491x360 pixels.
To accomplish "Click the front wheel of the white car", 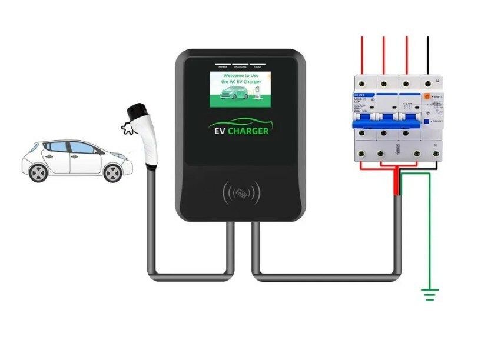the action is (x=112, y=172).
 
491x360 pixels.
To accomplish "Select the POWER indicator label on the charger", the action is (x=223, y=67).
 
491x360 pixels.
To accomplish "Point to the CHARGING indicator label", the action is (x=240, y=67).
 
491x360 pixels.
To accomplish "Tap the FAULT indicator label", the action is (x=257, y=67).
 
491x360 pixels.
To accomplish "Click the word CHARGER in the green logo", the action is (x=248, y=131).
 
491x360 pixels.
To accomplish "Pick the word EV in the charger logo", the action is (x=218, y=131).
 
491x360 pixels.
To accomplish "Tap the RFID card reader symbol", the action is (x=241, y=192).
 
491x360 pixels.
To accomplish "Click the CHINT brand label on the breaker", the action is (x=360, y=94).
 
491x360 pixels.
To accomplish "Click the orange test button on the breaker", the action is (x=426, y=95).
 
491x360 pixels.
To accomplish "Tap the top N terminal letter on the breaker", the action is (x=437, y=80).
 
